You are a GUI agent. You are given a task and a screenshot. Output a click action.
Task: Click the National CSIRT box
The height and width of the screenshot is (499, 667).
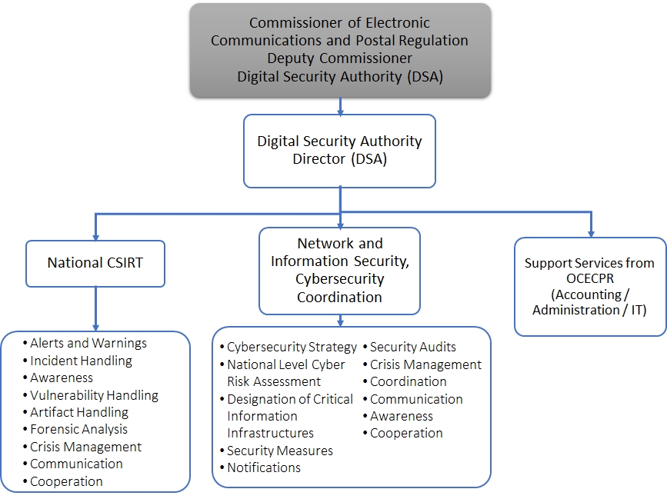(95, 263)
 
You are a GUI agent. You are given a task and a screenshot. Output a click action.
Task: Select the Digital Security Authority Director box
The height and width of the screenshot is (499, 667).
(339, 151)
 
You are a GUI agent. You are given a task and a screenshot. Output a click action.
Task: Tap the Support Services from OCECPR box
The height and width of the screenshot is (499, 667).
(589, 286)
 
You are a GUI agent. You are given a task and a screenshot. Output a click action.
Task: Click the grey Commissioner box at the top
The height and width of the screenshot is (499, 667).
(340, 50)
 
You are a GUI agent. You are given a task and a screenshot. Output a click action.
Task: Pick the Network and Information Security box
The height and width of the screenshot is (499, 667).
(339, 270)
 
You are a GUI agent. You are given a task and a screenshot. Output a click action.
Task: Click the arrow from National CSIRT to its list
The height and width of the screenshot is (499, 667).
(95, 308)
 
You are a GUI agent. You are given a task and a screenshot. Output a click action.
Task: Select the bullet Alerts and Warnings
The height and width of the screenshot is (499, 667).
(88, 344)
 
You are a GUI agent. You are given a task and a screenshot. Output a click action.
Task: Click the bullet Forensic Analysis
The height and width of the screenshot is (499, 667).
(78, 430)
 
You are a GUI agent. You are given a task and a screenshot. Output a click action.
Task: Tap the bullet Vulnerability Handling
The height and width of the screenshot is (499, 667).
(94, 395)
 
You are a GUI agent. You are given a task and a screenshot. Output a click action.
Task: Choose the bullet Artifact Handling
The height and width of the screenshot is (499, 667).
(78, 413)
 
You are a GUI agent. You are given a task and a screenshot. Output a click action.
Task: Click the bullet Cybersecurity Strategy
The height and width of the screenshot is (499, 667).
(292, 348)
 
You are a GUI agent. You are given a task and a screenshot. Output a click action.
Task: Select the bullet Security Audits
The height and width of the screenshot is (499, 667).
(412, 348)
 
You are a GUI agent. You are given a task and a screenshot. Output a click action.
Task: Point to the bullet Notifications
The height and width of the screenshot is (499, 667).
(263, 467)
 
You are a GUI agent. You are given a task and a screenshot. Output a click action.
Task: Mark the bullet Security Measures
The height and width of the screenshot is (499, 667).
(279, 451)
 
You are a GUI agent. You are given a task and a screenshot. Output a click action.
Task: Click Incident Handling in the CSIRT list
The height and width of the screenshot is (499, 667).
(81, 361)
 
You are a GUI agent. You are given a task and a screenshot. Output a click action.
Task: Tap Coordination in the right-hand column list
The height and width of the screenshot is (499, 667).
(408, 381)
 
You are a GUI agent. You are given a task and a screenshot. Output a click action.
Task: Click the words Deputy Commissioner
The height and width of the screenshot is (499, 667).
(339, 58)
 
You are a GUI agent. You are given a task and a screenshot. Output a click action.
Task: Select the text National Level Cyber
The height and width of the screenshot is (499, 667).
(285, 364)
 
